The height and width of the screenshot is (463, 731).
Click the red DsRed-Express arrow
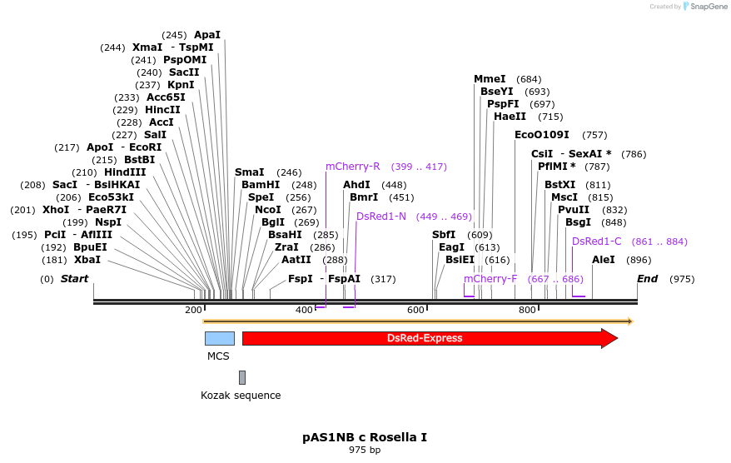tap(425, 338)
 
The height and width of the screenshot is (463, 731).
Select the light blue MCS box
tap(219, 338)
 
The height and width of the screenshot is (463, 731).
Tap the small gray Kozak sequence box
tap(242, 377)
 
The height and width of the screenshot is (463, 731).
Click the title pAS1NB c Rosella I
tap(365, 437)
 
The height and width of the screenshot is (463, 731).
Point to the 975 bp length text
tap(365, 451)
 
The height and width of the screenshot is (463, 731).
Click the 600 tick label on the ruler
tap(415, 310)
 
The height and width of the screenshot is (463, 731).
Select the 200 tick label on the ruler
tap(193, 310)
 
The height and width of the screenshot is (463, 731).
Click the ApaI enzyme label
tap(207, 35)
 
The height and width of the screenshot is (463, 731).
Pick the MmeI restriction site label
tap(490, 79)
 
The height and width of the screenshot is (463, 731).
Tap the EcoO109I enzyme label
tap(542, 135)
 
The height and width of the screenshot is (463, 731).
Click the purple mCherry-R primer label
tap(353, 167)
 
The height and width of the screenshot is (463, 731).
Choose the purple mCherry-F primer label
tap(490, 279)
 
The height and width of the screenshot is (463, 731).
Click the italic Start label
tap(74, 279)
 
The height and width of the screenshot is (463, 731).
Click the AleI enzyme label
tap(604, 260)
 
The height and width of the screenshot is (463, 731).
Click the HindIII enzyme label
tap(125, 172)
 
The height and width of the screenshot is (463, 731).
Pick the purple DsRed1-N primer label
tap(381, 217)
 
